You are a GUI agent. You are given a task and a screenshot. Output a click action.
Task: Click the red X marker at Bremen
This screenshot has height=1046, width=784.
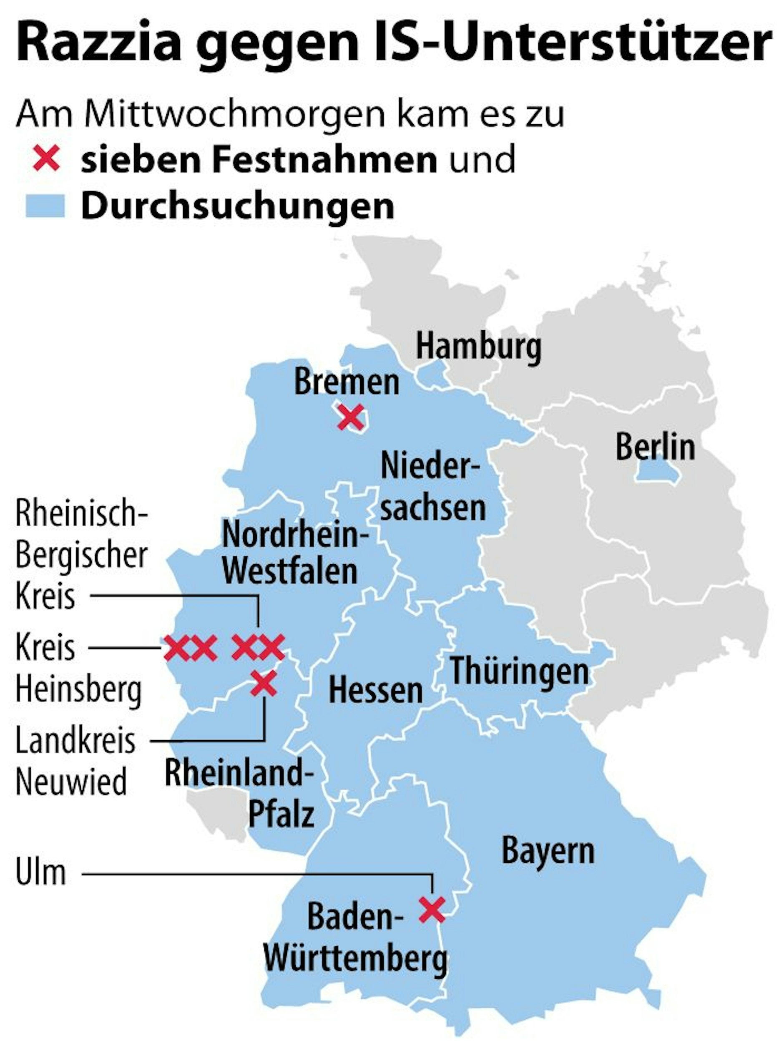pyautogui.click(x=350, y=417)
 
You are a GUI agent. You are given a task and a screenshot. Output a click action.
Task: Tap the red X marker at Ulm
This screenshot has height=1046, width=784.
pyautogui.click(x=432, y=910)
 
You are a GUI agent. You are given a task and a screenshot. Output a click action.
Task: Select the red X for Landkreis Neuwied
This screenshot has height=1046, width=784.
pyautogui.click(x=264, y=683)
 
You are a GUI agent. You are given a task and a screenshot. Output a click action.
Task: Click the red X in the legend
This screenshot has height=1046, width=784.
pyautogui.click(x=46, y=158)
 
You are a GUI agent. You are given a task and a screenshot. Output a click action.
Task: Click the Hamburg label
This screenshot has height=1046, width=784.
pyautogui.click(x=479, y=347)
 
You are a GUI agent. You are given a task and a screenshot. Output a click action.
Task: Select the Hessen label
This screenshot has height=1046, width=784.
pyautogui.click(x=375, y=690)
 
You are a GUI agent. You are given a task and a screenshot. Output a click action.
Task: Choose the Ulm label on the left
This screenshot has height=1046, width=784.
pyautogui.click(x=41, y=873)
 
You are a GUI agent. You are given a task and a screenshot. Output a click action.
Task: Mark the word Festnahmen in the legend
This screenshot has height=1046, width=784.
pyautogui.click(x=324, y=160)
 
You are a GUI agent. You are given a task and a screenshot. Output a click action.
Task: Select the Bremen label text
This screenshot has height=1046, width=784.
pyautogui.click(x=347, y=382)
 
